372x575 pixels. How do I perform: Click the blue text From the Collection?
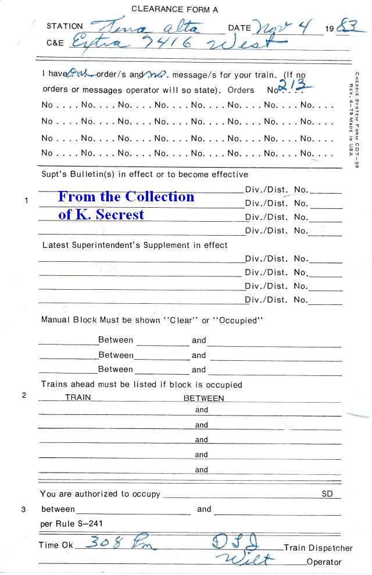pos(126,197)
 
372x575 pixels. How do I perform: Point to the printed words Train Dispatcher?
pos(318,548)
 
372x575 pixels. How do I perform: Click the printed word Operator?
pos(324,562)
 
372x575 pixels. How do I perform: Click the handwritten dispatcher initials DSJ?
pos(234,544)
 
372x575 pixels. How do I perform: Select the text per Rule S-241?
pos(64,524)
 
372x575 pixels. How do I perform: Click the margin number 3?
pos(24,510)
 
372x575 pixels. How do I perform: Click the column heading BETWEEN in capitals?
pos(203,399)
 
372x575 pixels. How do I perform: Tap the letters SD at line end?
pos(327,494)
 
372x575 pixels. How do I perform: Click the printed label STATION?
pos(65,26)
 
